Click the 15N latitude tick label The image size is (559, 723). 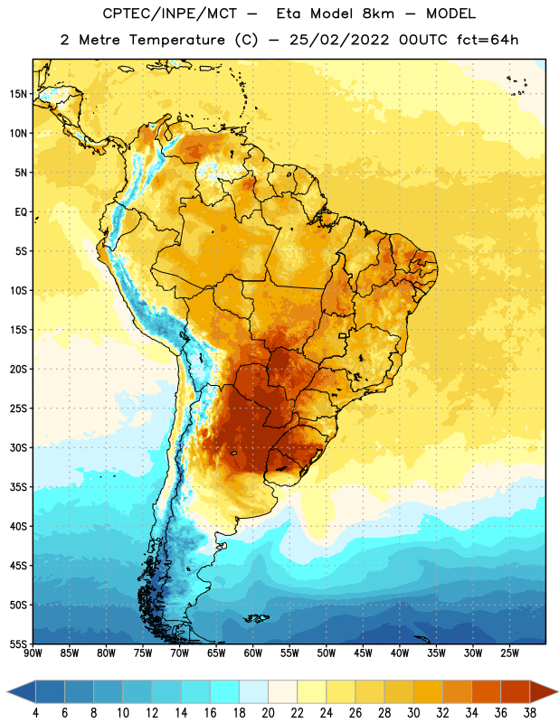(18, 94)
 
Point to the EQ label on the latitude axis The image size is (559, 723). (21, 212)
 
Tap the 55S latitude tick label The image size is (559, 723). (18, 643)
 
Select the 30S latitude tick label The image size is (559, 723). (18, 447)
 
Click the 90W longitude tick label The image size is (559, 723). (33, 653)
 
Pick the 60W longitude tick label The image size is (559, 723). (253, 653)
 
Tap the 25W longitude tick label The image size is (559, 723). (509, 653)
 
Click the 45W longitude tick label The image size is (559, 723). (363, 653)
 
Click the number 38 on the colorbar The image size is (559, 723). (530, 713)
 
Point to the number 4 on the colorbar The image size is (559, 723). (35, 713)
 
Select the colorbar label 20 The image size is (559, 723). (268, 713)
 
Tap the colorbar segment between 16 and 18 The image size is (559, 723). (225, 691)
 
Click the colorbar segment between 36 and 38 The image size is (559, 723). (516, 691)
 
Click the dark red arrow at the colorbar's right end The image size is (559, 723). (543, 691)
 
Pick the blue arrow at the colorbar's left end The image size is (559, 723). (21, 691)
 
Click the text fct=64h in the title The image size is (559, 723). (488, 40)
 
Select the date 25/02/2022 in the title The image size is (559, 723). (339, 40)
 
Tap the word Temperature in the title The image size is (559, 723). (176, 40)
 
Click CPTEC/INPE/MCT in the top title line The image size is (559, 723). (170, 14)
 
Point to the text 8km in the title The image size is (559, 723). (378, 14)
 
